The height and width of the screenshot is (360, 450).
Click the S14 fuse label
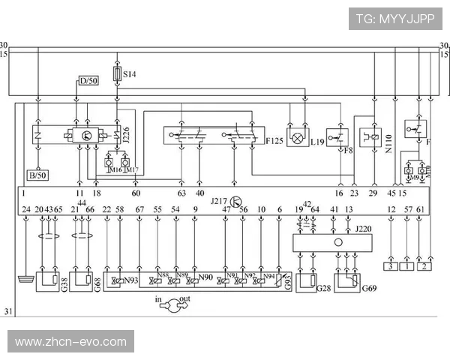(129, 74)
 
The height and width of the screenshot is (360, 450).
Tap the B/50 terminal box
(37, 175)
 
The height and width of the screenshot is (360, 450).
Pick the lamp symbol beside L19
(298, 138)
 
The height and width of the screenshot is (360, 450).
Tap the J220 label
(364, 228)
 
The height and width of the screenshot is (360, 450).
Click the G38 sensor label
(64, 284)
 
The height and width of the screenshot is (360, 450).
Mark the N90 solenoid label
(205, 279)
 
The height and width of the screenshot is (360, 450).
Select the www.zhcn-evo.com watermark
(70, 342)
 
